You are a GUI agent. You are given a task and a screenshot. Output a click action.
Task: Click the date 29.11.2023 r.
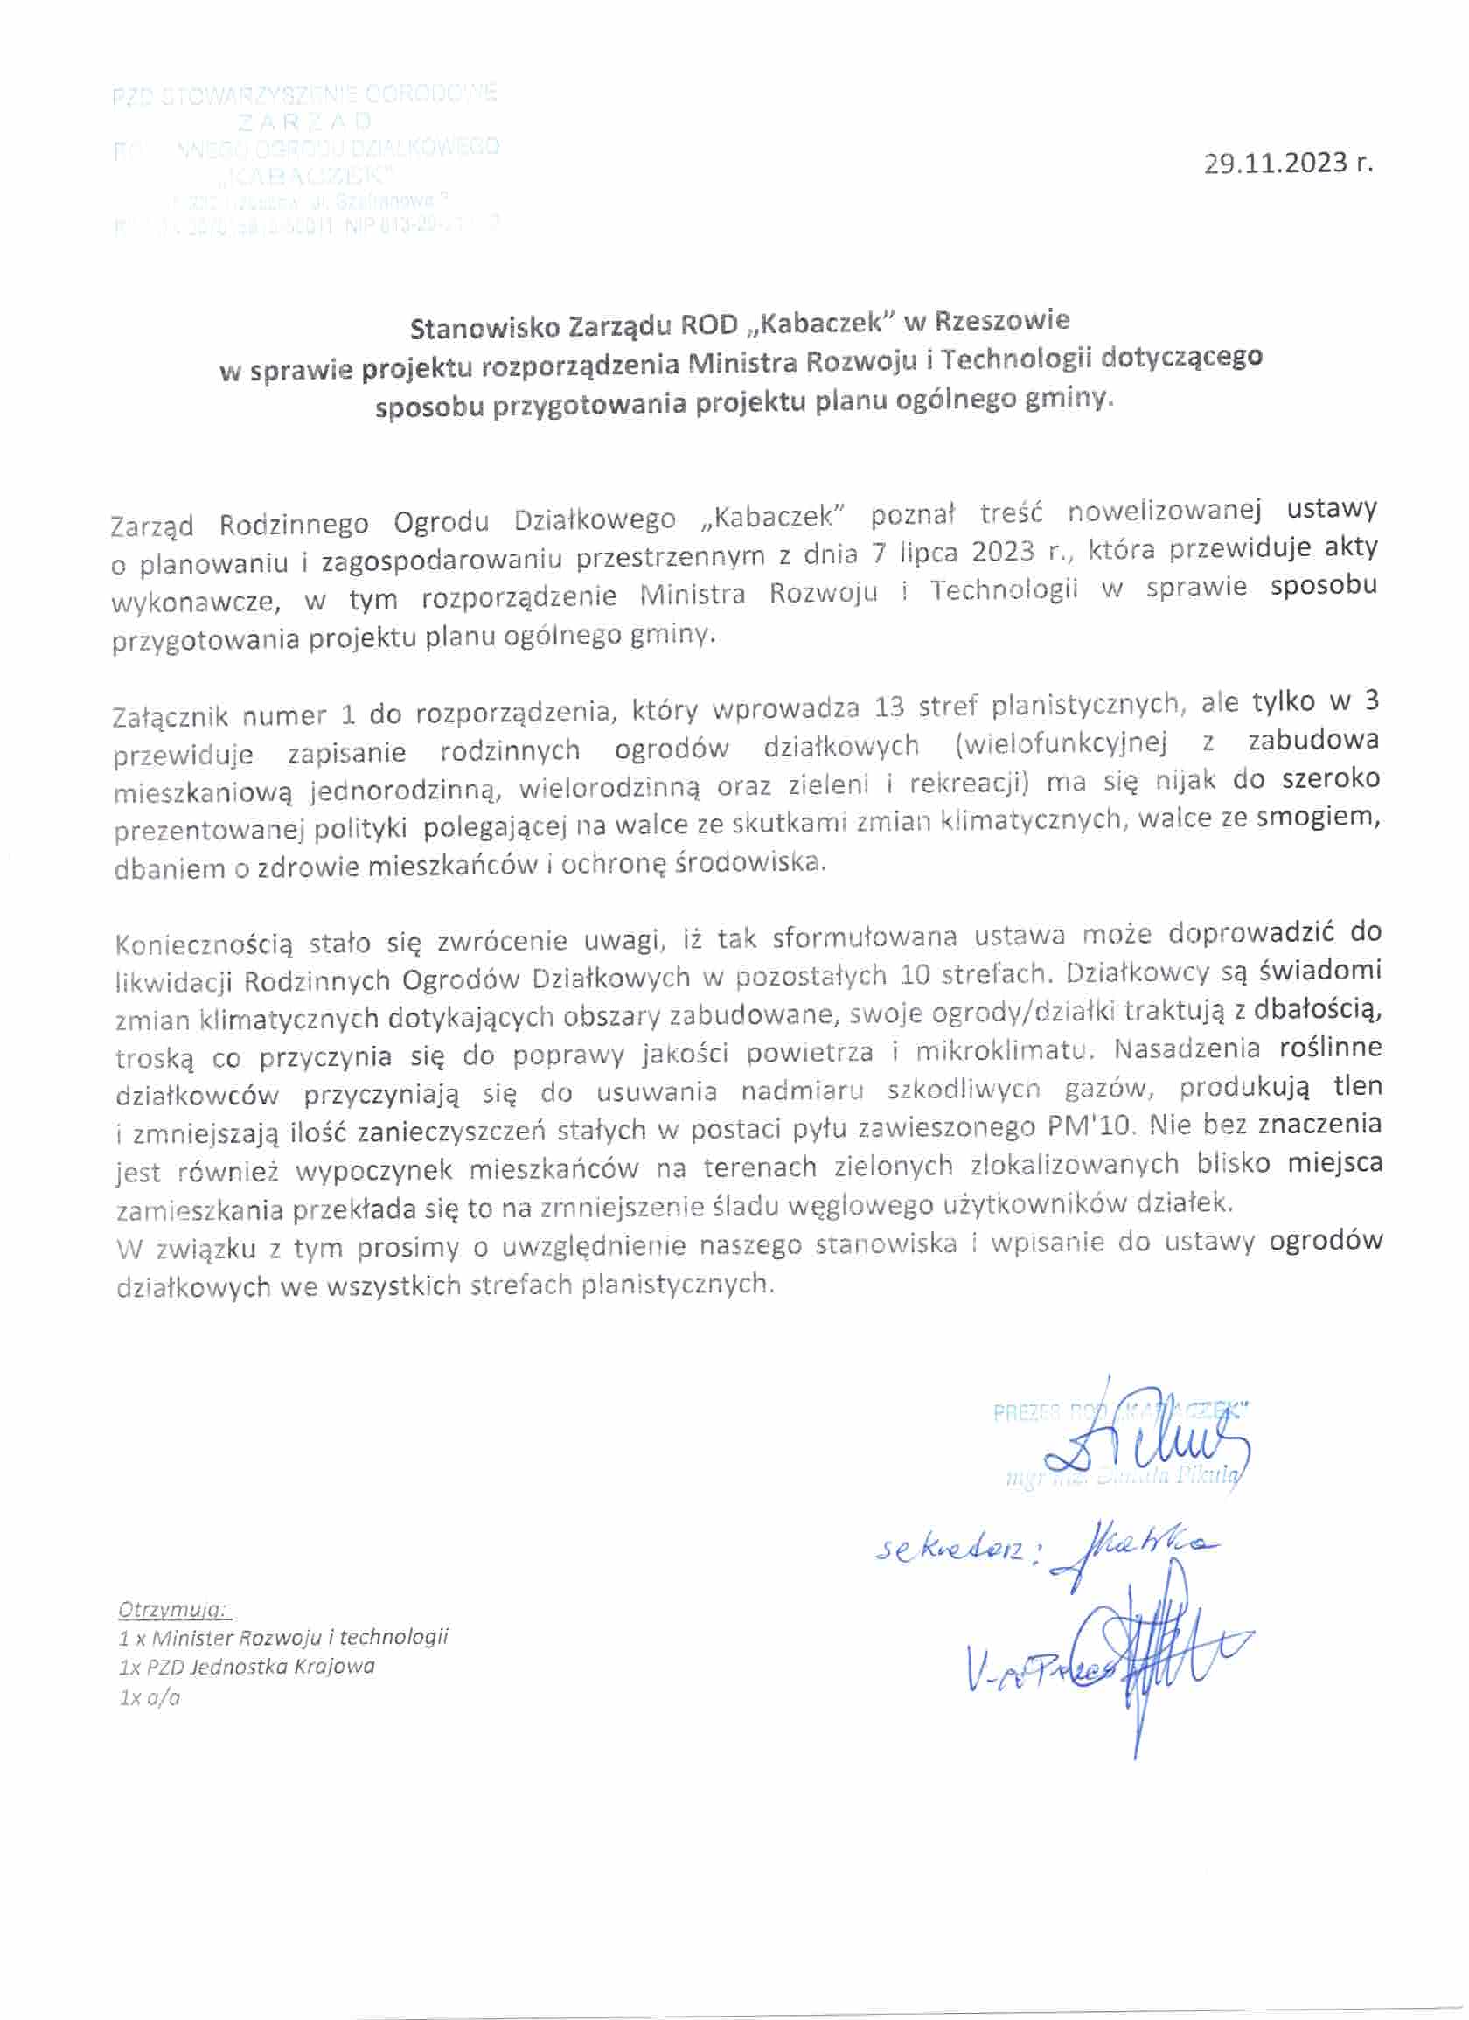point(1289,164)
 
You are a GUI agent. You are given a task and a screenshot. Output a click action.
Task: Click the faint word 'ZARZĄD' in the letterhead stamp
point(304,122)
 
